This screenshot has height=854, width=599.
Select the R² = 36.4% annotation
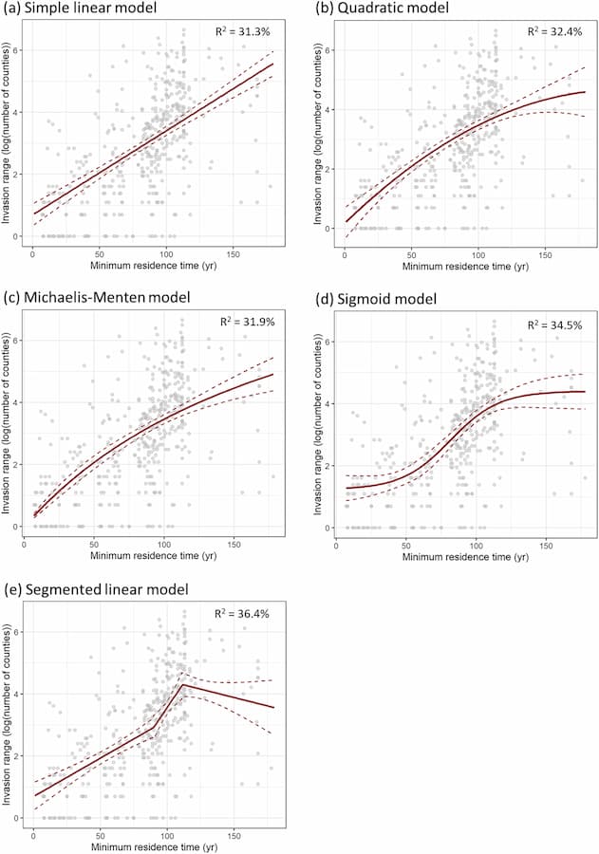[x=244, y=614]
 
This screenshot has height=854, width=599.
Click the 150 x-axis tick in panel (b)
[x=545, y=252]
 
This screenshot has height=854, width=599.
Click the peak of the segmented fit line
[x=182, y=683]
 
